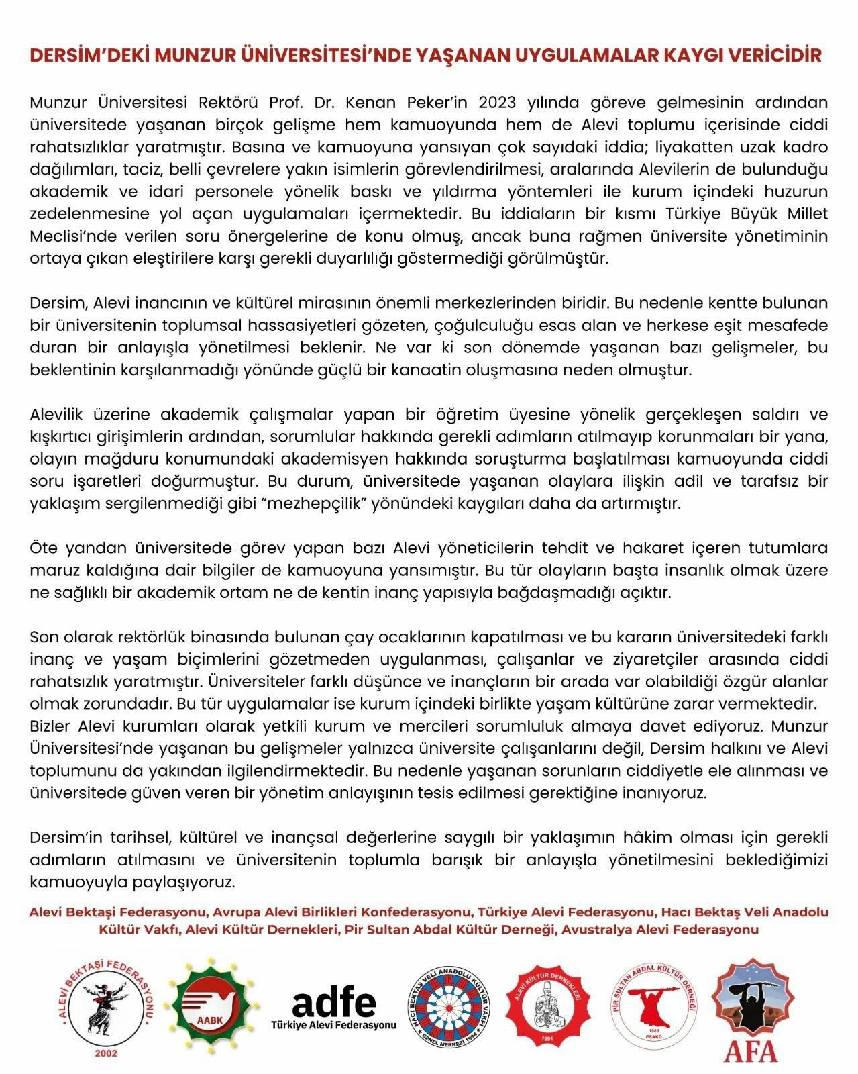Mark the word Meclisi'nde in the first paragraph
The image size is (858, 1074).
(70, 236)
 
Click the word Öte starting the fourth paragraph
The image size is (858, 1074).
(44, 548)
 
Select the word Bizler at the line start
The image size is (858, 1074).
(52, 726)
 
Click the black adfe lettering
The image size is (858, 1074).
(334, 1003)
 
